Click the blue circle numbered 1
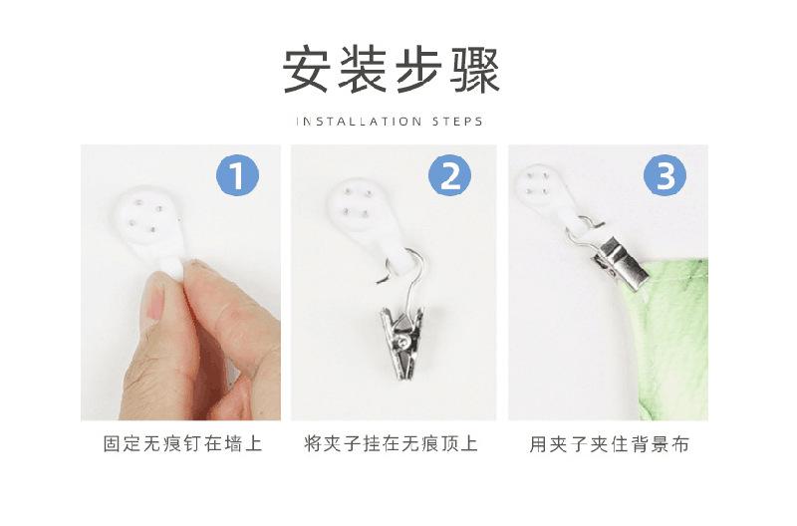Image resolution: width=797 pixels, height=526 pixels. click(x=237, y=177)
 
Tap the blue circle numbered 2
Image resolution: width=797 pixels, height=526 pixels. click(x=450, y=177)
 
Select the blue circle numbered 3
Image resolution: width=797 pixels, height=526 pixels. click(x=665, y=177)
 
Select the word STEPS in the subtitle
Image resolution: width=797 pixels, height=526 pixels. click(x=457, y=122)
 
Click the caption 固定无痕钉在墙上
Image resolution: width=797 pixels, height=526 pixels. click(x=182, y=444)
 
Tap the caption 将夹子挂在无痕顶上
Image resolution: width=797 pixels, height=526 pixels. click(x=392, y=444)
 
